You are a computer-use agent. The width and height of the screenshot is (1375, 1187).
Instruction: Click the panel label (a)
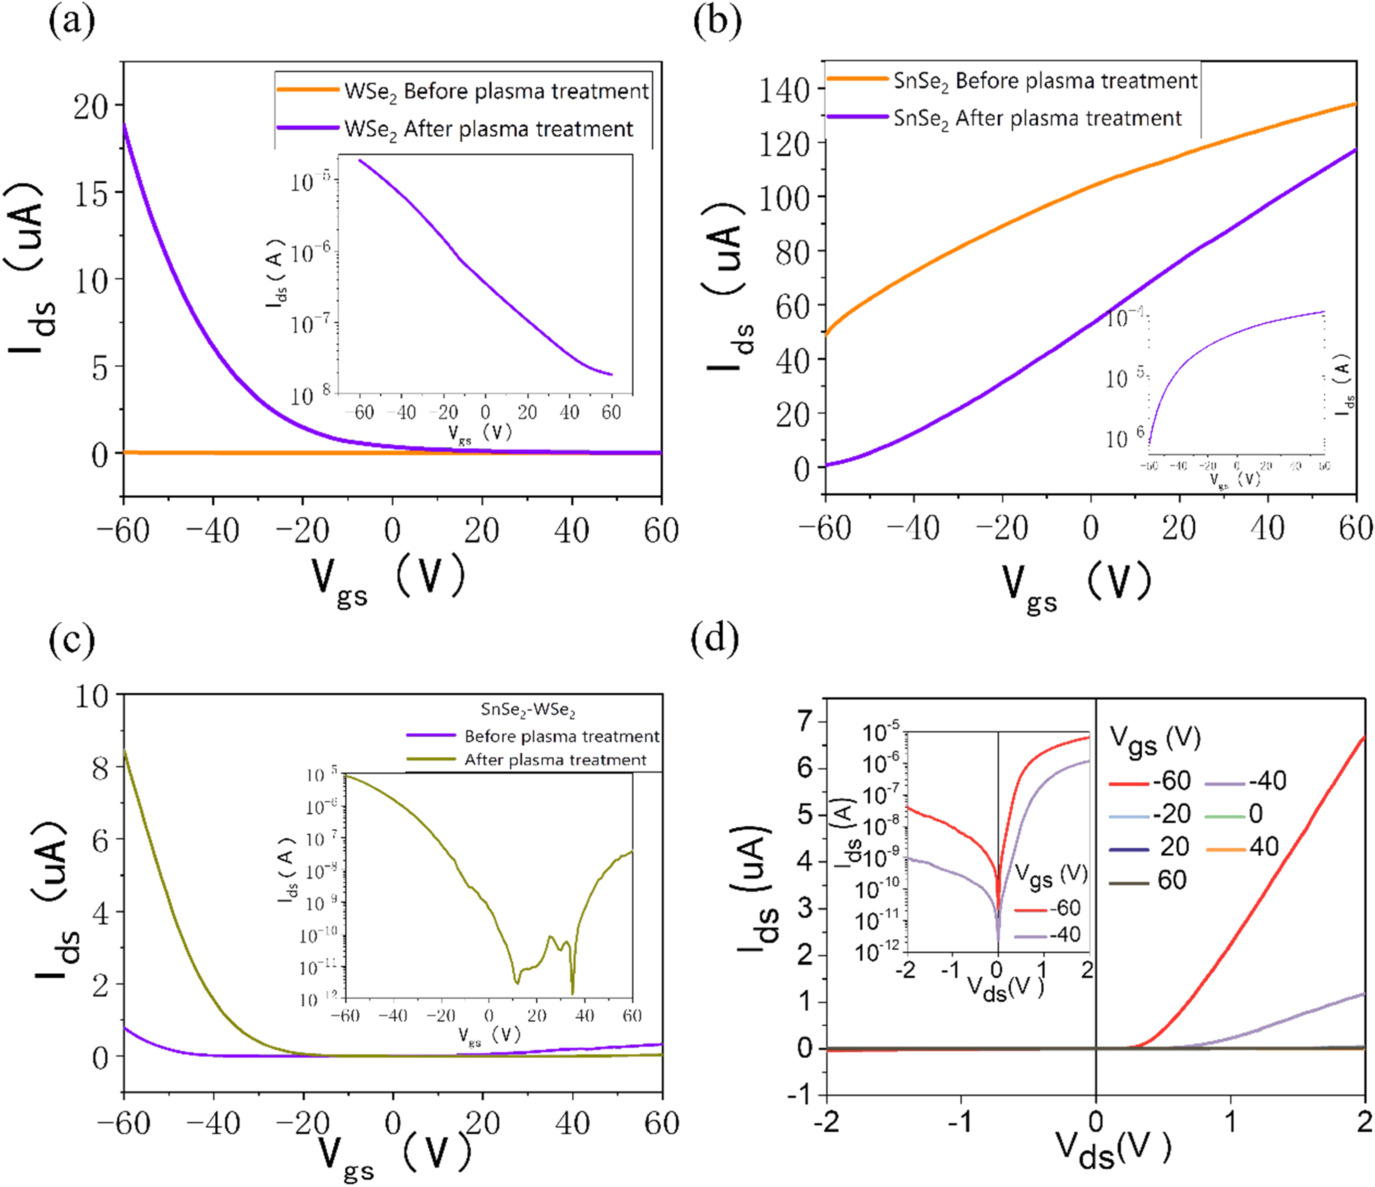pos(72,21)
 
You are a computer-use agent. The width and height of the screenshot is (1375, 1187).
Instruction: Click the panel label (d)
pos(715,639)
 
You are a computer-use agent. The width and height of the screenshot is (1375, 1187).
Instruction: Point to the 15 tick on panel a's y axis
pos(91,193)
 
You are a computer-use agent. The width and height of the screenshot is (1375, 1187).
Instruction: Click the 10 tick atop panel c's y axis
pos(91,696)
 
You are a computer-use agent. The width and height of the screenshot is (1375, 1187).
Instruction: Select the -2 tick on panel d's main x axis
pos(827,1122)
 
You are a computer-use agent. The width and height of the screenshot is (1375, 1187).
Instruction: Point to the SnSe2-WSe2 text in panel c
pos(528,710)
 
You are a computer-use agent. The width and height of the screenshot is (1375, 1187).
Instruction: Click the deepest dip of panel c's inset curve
pos(573,992)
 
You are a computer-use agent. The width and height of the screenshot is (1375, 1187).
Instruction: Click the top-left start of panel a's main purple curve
pos(124,125)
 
